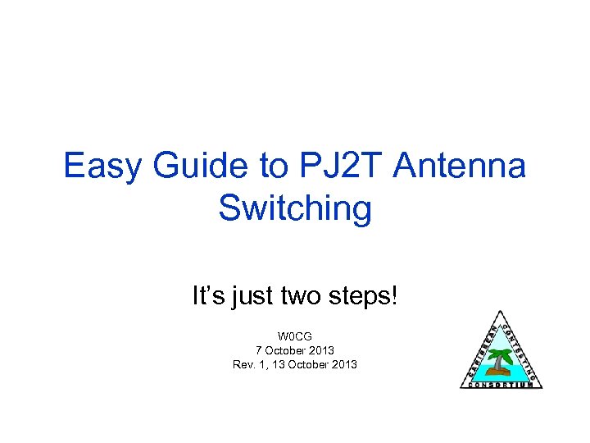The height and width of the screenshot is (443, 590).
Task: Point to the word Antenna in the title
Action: pyautogui.click(x=460, y=167)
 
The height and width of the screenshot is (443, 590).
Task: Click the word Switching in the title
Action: pyautogui.click(x=295, y=208)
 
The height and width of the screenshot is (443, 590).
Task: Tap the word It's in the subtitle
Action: pyautogui.click(x=207, y=295)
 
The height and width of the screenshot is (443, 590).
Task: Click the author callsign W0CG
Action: pyautogui.click(x=295, y=336)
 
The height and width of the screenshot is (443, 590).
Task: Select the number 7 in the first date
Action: pyautogui.click(x=260, y=350)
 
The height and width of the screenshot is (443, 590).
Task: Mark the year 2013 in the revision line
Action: pyautogui.click(x=343, y=364)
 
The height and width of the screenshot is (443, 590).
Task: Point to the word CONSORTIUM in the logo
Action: pyautogui.click(x=501, y=384)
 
